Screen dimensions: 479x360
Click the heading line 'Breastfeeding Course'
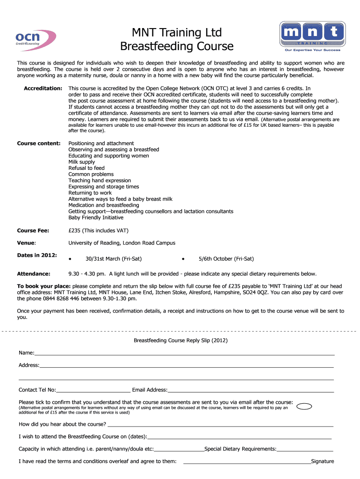tap(177, 46)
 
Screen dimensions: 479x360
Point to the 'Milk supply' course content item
tap(81, 162)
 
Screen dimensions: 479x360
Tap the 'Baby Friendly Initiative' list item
tap(96, 218)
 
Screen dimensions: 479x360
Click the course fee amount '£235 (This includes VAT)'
tap(98, 231)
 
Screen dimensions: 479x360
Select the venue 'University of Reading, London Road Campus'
tap(122, 243)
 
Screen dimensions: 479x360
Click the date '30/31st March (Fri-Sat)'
tap(114, 259)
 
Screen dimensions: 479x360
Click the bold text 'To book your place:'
tap(44, 286)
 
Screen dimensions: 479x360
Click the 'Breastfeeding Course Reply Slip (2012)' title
tap(180, 341)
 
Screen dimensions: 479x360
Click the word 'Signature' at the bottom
tap(323, 462)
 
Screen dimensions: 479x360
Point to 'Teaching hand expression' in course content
tap(100, 181)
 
